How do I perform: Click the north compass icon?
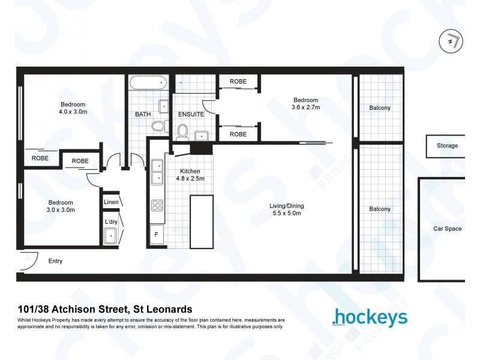[451, 41]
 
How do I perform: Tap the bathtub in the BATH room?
[147, 83]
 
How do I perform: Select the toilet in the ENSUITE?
[182, 130]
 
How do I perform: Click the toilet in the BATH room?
[158, 126]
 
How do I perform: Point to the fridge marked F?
[157, 235]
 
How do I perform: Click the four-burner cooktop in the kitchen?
[157, 206]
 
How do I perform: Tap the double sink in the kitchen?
[157, 172]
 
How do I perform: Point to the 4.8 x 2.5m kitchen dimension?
[190, 178]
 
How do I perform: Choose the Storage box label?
[447, 146]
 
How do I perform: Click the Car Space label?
[448, 229]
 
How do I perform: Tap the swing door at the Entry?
[27, 259]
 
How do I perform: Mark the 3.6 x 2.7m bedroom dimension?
[305, 107]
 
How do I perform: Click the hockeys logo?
[369, 317]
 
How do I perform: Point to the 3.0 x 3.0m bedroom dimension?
[61, 210]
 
